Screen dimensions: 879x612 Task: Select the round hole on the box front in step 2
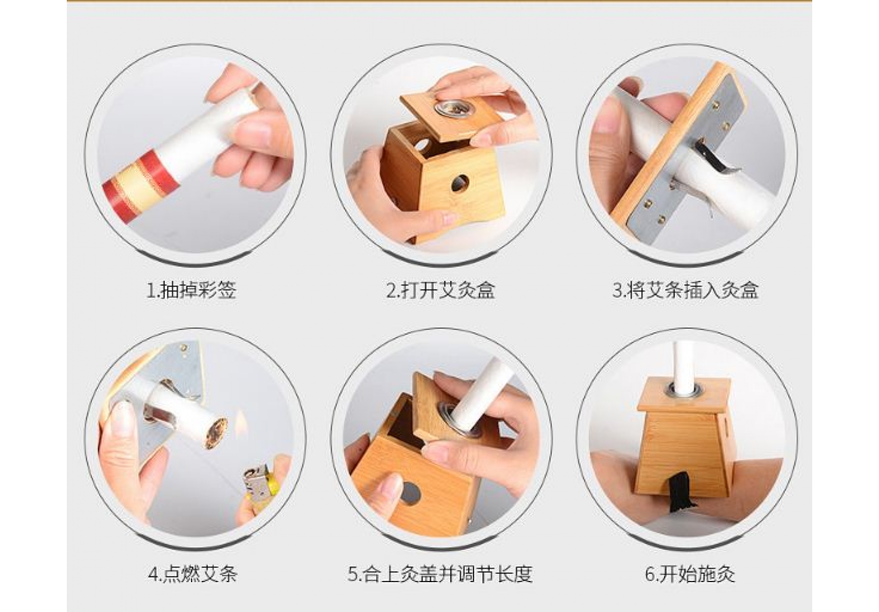coord(460,183)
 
